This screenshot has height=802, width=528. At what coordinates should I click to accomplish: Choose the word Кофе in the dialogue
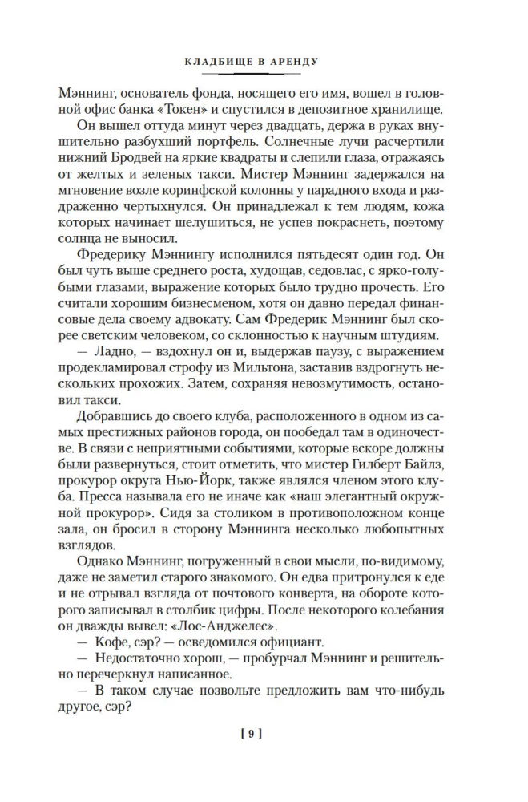[118, 643]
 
